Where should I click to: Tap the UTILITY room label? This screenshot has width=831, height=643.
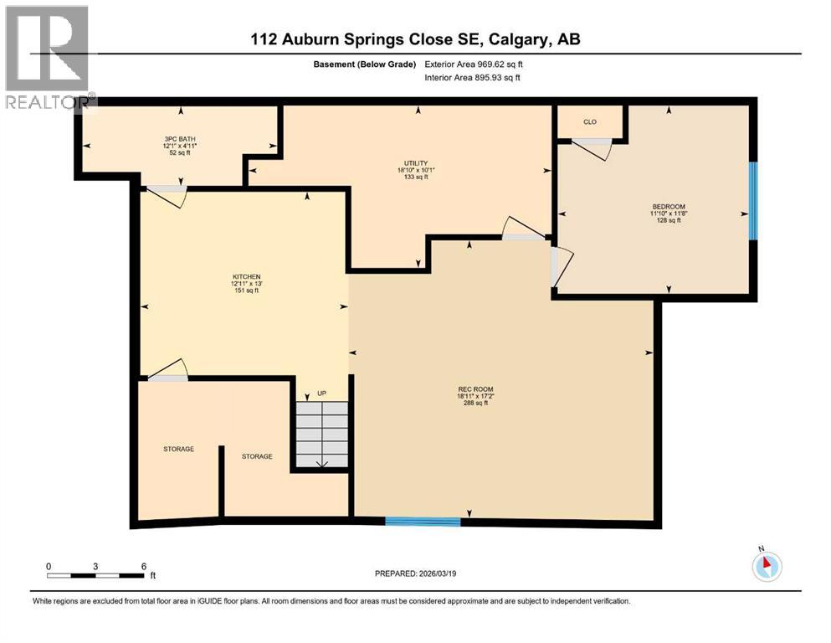point(411,163)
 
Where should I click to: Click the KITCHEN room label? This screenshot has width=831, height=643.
point(247,276)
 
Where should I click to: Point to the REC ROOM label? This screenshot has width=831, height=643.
point(475,389)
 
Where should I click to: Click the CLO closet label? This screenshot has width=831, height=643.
point(590,122)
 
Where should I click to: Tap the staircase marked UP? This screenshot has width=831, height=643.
point(322,434)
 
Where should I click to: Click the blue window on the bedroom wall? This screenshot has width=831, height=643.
point(752,201)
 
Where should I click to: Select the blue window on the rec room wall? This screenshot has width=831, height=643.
point(423,522)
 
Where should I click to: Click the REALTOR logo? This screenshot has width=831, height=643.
point(49,59)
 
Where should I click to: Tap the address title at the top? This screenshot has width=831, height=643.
point(415,39)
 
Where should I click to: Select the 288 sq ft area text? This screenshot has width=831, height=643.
point(475,403)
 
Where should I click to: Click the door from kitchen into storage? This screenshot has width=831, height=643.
point(165,371)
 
